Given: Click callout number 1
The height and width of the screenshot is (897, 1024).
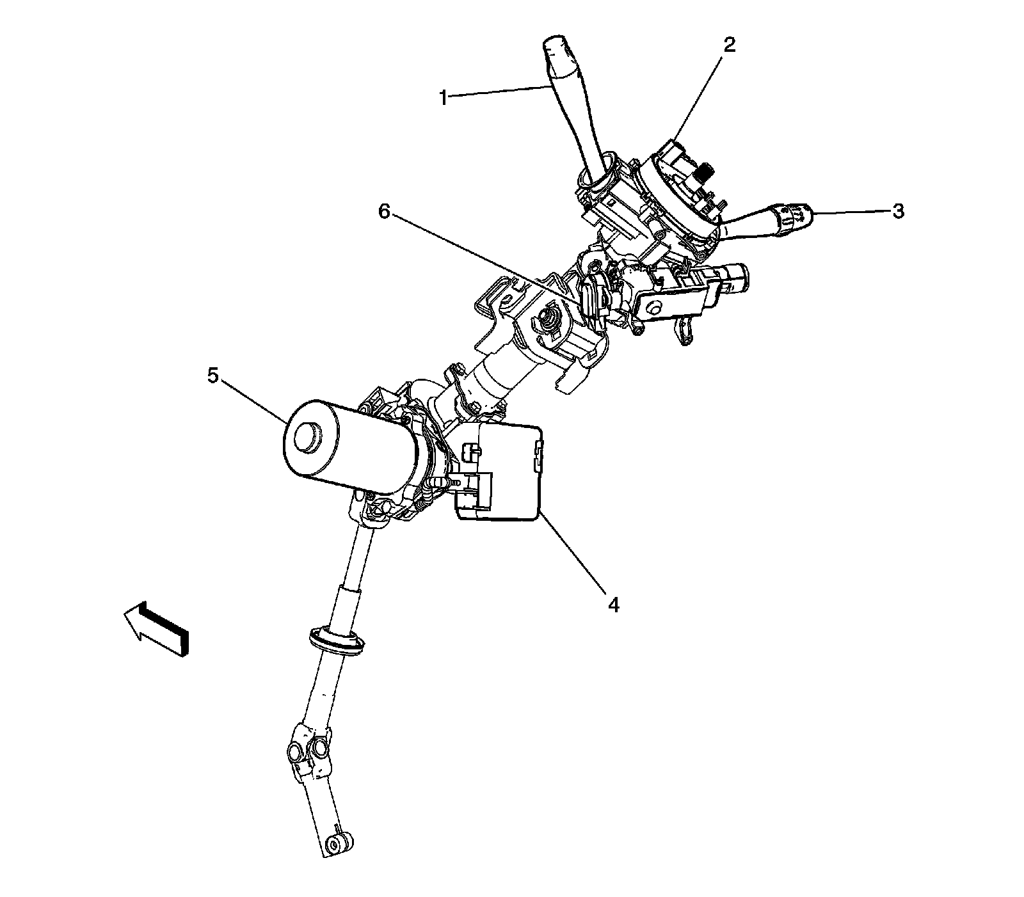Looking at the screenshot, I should (443, 98).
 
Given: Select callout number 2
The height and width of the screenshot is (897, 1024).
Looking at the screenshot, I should (729, 44).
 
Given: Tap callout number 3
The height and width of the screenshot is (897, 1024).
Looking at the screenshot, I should (899, 212).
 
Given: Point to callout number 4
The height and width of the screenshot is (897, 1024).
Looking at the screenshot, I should (613, 604).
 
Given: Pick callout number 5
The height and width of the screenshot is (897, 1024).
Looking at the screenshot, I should (213, 376).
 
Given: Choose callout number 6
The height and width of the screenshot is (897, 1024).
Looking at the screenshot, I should (384, 212).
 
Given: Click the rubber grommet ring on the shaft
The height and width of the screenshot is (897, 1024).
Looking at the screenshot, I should (335, 640).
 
